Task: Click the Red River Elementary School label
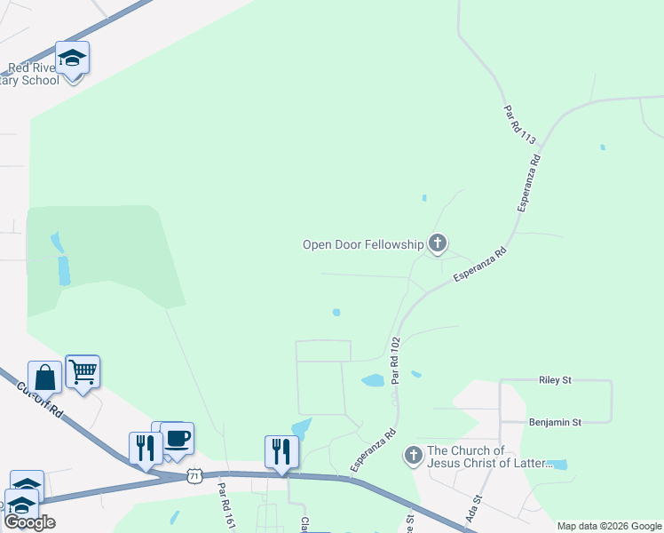coord(33,74)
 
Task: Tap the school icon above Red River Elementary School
coord(72,59)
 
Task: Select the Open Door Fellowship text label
coord(362,244)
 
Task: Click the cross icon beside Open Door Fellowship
coord(437,243)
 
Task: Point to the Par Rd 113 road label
coord(520,125)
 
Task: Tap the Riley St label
coord(555,379)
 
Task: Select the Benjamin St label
coord(554,422)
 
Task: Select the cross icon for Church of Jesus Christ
coord(413,457)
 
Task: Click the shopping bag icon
coord(44,378)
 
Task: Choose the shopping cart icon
coord(83,371)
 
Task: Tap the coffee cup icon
coord(177,438)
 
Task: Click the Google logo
coord(29,522)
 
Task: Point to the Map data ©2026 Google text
coord(610,526)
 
